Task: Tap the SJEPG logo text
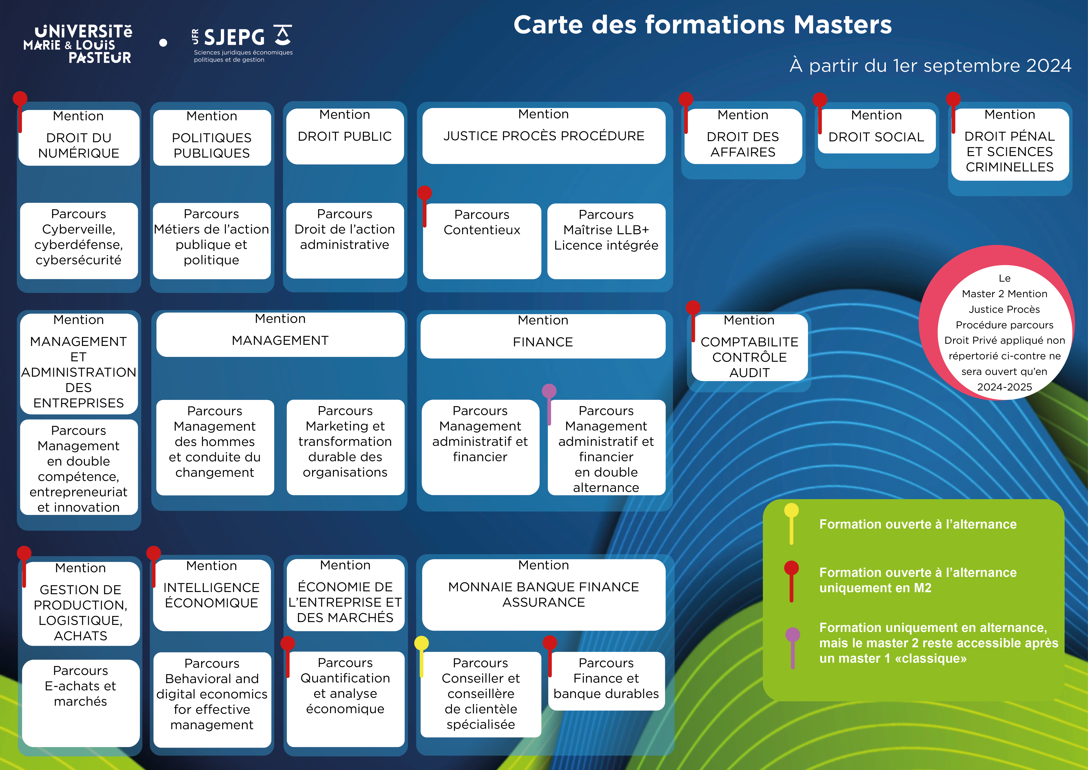(234, 37)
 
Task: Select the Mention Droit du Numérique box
(79, 137)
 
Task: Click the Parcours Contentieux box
(482, 241)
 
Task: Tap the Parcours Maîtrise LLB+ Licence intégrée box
(606, 241)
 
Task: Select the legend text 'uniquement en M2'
(875, 588)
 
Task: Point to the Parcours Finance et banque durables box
(606, 681)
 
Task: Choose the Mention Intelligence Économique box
(211, 595)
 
